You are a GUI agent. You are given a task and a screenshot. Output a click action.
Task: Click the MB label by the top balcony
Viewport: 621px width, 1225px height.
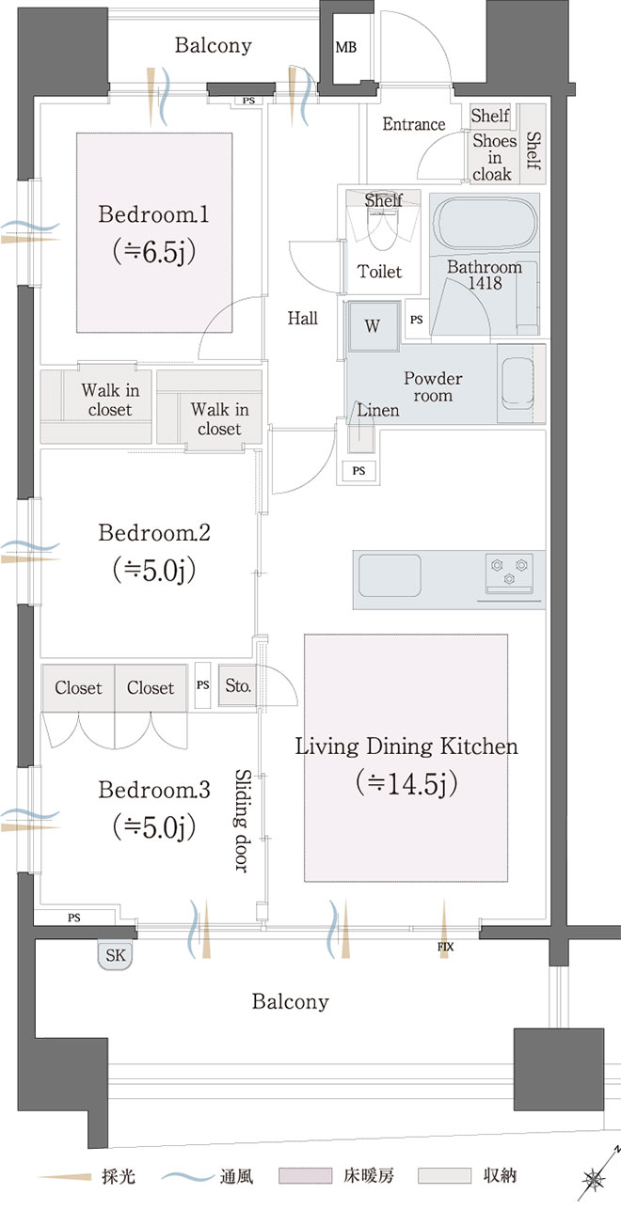click(x=346, y=48)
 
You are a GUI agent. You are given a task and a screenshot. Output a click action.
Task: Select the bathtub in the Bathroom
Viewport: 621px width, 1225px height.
click(x=484, y=223)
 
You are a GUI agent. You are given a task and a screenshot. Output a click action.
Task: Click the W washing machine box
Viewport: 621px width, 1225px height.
click(x=373, y=326)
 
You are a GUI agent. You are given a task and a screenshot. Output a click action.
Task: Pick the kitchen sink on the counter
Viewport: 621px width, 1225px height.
click(x=390, y=576)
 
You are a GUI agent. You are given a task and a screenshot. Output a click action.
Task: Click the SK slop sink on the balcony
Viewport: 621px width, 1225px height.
click(x=116, y=954)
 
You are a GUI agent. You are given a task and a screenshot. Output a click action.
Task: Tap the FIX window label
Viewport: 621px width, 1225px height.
click(x=445, y=947)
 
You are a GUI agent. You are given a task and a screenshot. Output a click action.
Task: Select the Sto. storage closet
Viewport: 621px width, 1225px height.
click(x=238, y=685)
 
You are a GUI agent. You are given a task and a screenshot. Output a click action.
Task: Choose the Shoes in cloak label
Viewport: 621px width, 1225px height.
click(x=494, y=158)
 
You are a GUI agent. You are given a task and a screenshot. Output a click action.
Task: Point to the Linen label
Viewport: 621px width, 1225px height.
click(x=378, y=410)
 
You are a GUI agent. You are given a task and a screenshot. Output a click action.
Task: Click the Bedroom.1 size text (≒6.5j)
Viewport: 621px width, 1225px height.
click(x=154, y=252)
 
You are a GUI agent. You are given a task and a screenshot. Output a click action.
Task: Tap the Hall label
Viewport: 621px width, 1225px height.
click(x=303, y=318)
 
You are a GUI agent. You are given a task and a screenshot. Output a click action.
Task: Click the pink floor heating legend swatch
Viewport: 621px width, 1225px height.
click(x=305, y=1176)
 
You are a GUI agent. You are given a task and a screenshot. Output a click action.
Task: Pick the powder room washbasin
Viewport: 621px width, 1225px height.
click(x=517, y=383)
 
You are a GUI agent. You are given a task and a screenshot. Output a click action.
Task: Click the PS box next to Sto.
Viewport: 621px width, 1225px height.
click(x=202, y=685)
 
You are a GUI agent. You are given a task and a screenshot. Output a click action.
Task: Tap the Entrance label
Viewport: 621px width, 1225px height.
click(x=414, y=124)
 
